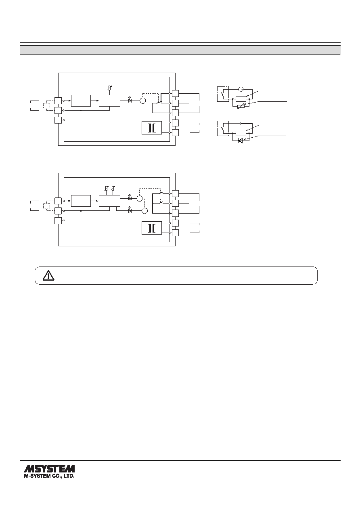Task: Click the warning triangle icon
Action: (x=48, y=275)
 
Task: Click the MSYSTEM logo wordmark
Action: (x=49, y=468)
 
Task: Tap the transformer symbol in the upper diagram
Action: (x=152, y=128)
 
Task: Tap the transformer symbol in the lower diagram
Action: (x=152, y=228)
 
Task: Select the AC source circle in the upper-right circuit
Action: (x=241, y=89)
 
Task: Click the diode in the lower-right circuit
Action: (x=240, y=141)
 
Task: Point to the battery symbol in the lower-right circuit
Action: (x=241, y=124)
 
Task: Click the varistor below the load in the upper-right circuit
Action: (x=241, y=106)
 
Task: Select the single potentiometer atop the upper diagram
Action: (x=110, y=88)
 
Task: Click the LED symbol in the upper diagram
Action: (x=130, y=100)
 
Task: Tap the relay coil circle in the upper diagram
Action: (x=143, y=101)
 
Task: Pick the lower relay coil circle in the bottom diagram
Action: (x=144, y=211)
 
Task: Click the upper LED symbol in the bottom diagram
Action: (x=130, y=198)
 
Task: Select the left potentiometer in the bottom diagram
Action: (x=106, y=188)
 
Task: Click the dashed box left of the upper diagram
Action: (x=46, y=106)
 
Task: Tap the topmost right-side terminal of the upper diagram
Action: (x=175, y=93)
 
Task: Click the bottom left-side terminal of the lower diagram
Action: (x=58, y=220)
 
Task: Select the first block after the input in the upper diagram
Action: (x=81, y=101)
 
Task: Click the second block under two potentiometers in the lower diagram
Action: (x=109, y=201)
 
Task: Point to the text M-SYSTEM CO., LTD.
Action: (x=49, y=476)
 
